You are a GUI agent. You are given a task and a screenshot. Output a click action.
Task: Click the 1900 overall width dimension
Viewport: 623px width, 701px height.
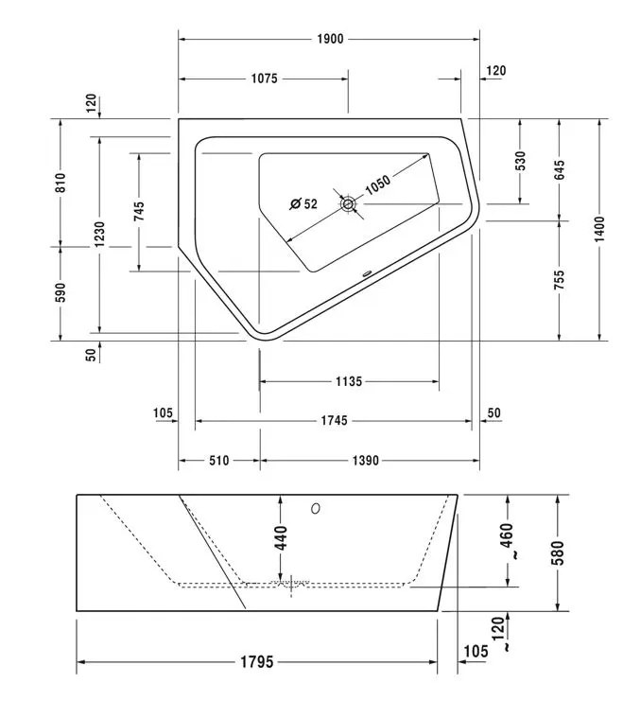[330, 39]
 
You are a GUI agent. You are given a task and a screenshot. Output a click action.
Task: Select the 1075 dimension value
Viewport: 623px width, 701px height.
[264, 79]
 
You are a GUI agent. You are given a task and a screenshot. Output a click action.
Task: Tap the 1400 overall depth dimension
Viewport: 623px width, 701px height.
[599, 229]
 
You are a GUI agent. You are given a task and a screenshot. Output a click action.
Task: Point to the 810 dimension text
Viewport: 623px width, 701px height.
[61, 183]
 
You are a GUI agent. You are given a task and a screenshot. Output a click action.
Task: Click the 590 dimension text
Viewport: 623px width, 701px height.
[61, 292]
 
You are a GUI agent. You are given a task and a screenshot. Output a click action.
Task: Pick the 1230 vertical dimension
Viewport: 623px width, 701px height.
[99, 235]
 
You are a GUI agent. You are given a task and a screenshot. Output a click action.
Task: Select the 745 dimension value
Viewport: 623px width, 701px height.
[139, 211]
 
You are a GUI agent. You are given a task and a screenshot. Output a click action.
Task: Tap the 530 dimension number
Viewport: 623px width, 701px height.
[520, 161]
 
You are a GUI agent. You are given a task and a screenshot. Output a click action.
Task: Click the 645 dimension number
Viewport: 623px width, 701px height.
[559, 170]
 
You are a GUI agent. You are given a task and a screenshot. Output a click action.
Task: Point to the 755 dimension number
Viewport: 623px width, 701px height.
[559, 280]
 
